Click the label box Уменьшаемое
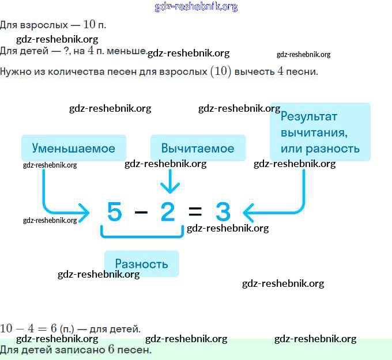(x=73, y=148)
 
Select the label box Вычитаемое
(x=198, y=148)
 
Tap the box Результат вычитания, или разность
(x=320, y=132)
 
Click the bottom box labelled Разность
(x=141, y=264)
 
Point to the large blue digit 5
(x=115, y=213)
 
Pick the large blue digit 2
(x=168, y=213)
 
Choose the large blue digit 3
(x=223, y=213)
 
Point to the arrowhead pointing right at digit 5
(x=86, y=213)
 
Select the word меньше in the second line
(x=129, y=51)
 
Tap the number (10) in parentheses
(x=220, y=71)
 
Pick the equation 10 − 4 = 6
(x=28, y=329)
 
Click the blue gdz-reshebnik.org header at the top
(x=196, y=7)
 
